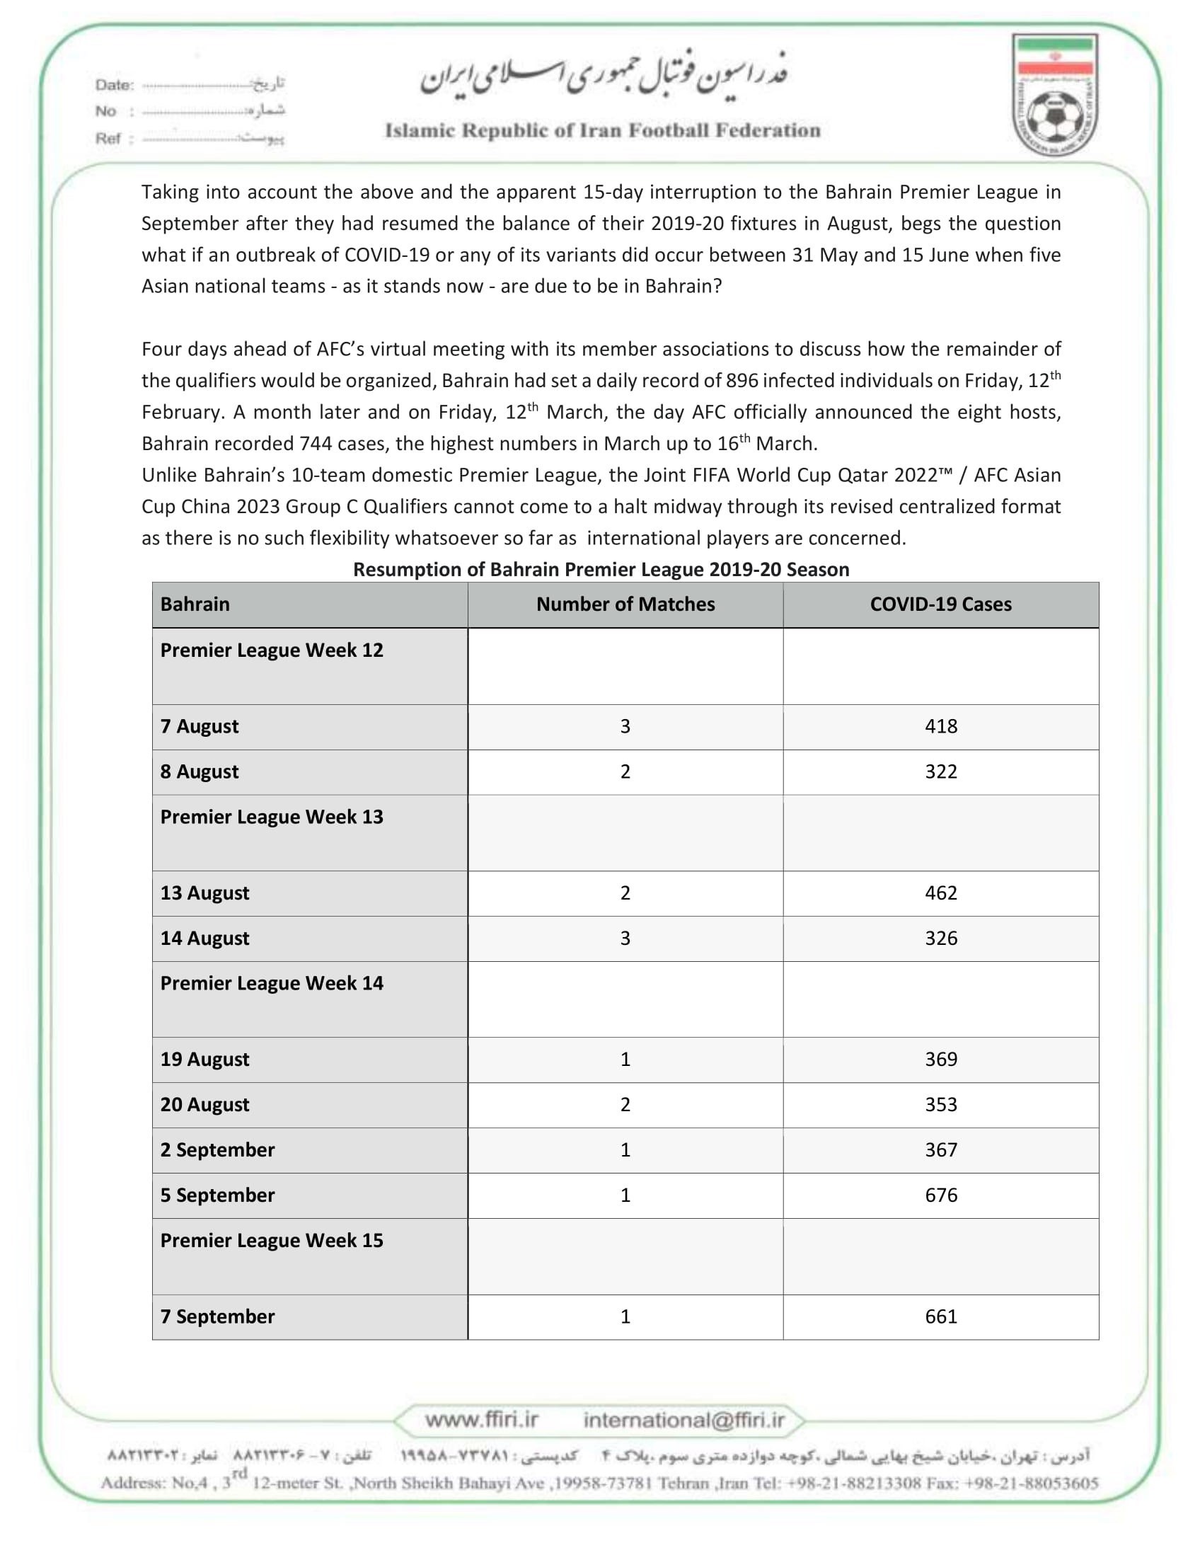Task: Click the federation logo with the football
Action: [x=1055, y=96]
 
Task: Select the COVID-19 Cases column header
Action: [x=940, y=604]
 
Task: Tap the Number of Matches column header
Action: [x=625, y=604]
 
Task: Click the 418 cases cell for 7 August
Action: [x=940, y=726]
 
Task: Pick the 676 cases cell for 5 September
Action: [x=940, y=1195]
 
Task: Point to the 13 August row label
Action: [x=205, y=893]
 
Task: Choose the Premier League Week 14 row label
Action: [x=271, y=983]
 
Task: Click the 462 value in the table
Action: [x=940, y=893]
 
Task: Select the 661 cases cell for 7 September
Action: [x=940, y=1316]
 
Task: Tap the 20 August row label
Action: [x=205, y=1104]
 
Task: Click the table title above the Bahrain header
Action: [x=601, y=570]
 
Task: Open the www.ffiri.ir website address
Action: [x=481, y=1420]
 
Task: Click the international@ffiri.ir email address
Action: [x=683, y=1420]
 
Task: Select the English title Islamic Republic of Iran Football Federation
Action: [x=602, y=130]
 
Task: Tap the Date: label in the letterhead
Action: [x=115, y=86]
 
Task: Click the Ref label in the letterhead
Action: [x=108, y=139]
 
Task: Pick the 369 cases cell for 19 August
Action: [x=940, y=1060]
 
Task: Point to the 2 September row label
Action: [x=217, y=1150]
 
